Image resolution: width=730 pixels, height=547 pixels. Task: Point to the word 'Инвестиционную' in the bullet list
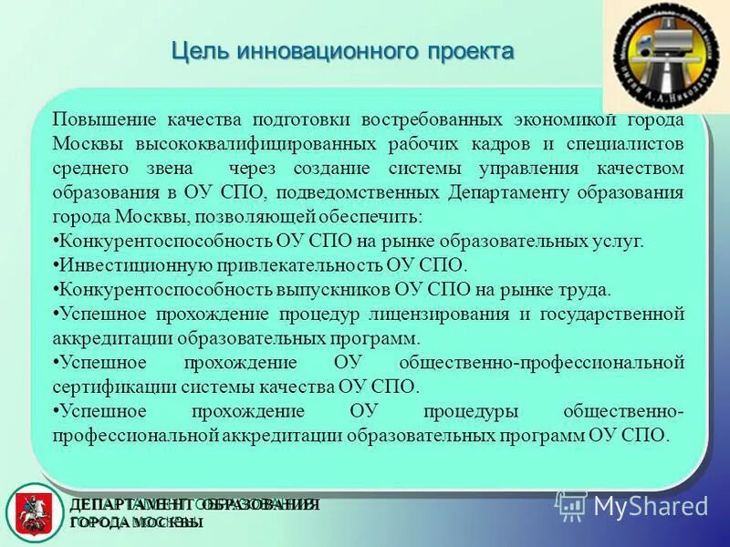click(x=120, y=265)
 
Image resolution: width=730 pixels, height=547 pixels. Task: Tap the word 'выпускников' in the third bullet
click(x=336, y=290)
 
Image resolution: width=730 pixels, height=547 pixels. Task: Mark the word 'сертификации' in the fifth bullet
click(x=109, y=386)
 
